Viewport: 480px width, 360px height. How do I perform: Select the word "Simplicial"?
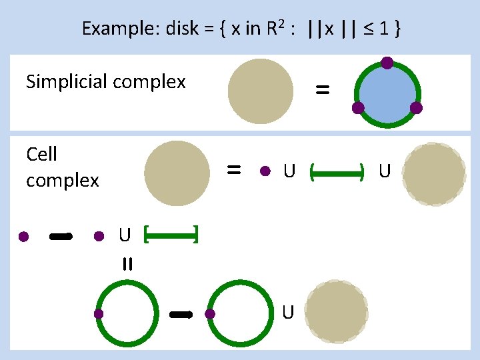pos(67,82)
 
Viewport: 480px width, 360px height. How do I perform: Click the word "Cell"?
pos(41,155)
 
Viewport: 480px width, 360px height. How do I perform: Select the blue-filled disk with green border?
pos(387,93)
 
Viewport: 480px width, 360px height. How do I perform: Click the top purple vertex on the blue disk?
pos(387,63)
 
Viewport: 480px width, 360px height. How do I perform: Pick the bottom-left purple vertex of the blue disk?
pos(358,107)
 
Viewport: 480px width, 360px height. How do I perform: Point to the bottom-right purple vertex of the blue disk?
pos(416,107)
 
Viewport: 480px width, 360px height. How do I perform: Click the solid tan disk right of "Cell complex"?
pos(177,173)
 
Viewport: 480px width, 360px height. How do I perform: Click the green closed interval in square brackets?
pos(171,234)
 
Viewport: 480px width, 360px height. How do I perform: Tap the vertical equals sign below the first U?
pos(127,264)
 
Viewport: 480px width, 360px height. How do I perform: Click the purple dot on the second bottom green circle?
pos(210,313)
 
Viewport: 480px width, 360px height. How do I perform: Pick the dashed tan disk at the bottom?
pos(337,313)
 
